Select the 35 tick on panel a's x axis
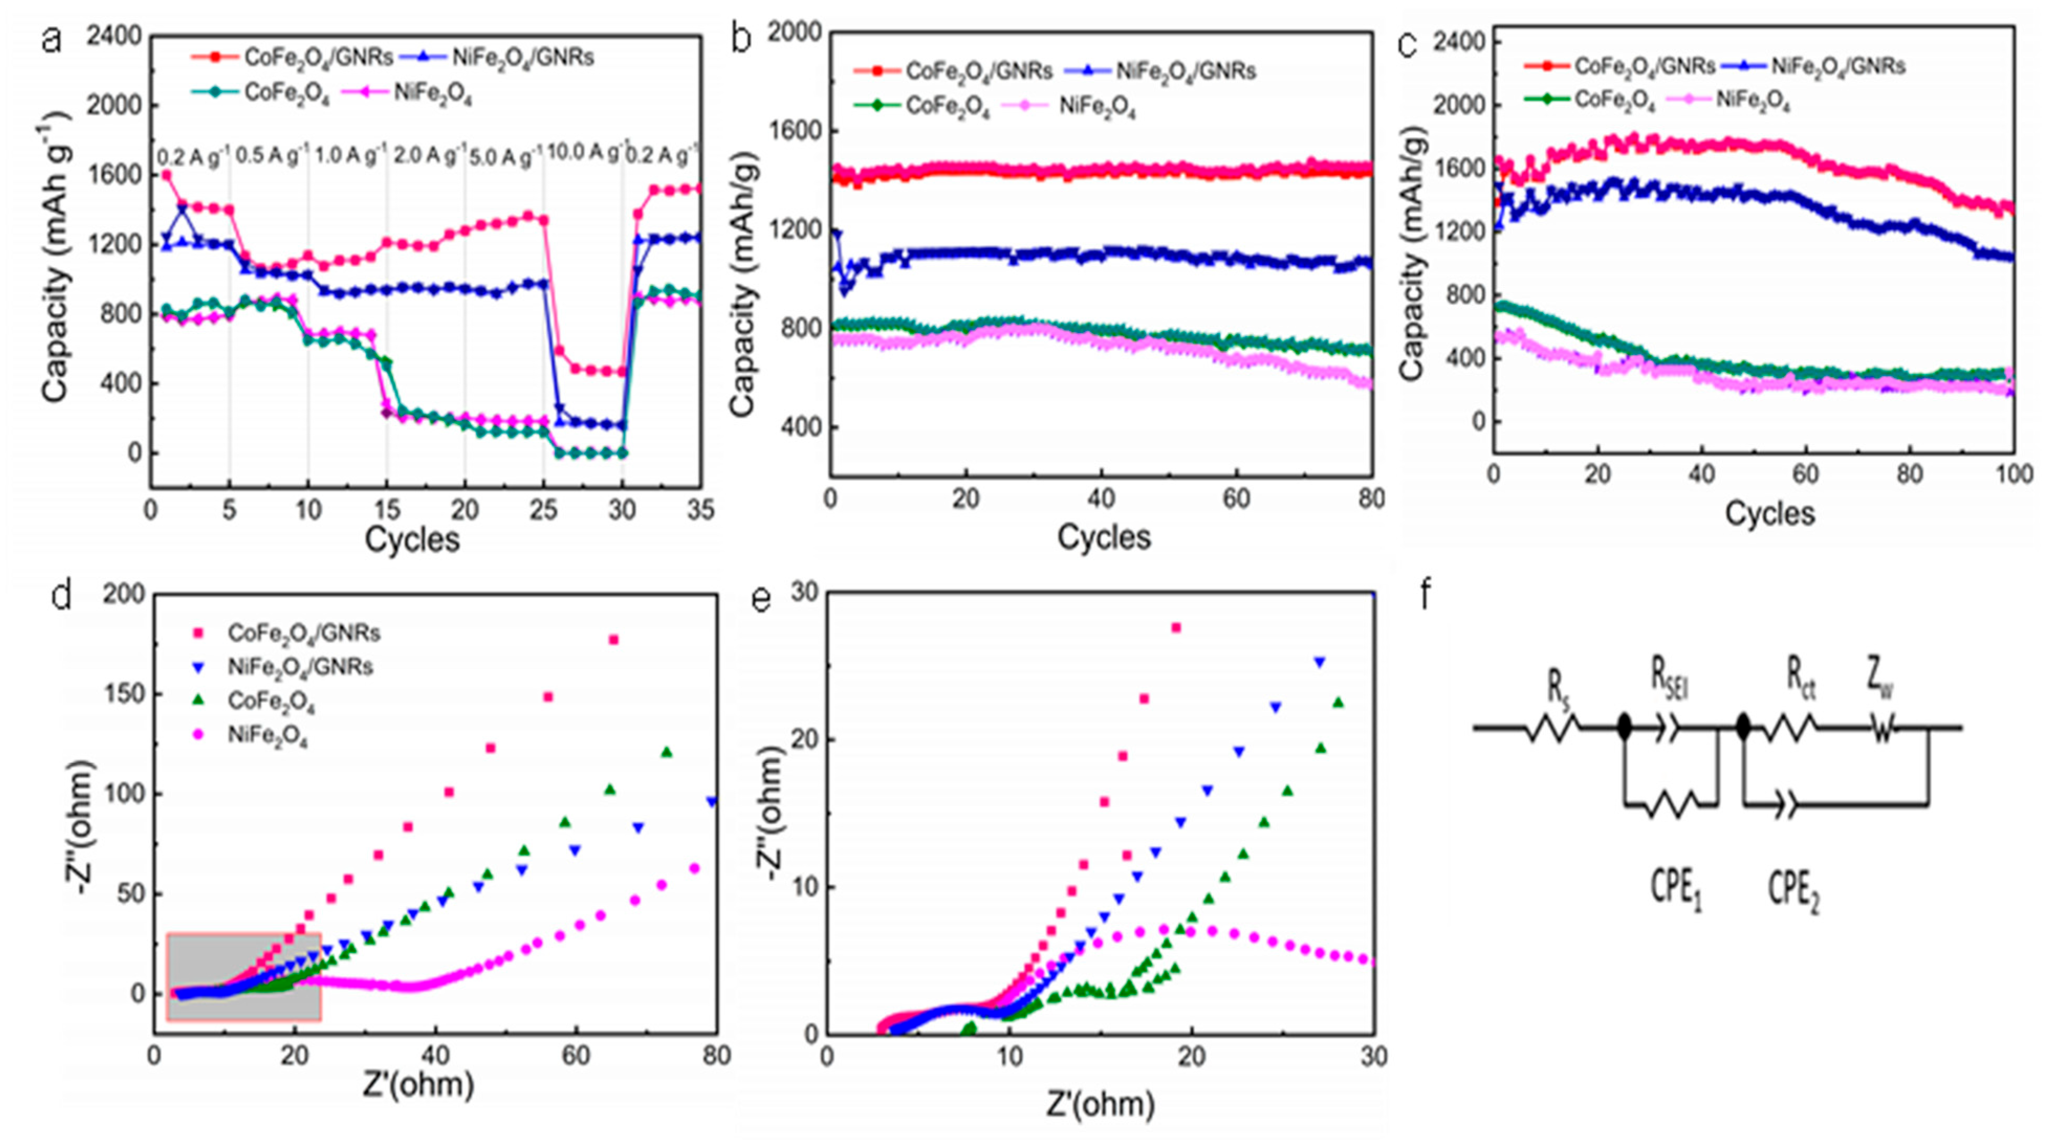click(x=699, y=510)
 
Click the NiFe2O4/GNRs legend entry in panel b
click(x=1185, y=72)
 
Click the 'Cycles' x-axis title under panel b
click(x=1103, y=538)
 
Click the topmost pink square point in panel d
click(x=614, y=639)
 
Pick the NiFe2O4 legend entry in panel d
click(x=267, y=736)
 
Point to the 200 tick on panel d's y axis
click(x=123, y=594)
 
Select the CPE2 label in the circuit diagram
click(x=1793, y=891)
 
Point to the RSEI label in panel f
click(x=1667, y=682)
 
